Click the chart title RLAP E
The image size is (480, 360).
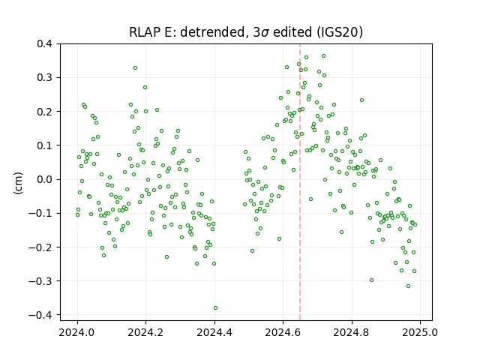150,32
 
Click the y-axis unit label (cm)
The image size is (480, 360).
18,183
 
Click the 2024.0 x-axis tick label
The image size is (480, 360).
77,332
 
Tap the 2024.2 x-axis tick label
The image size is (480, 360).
146,332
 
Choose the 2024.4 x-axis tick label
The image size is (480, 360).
214,332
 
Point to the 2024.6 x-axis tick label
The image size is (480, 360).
283,332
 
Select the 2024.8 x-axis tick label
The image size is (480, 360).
352,332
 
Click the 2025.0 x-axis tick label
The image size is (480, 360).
420,332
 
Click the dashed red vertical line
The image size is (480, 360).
300,182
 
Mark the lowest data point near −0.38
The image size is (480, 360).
215,308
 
